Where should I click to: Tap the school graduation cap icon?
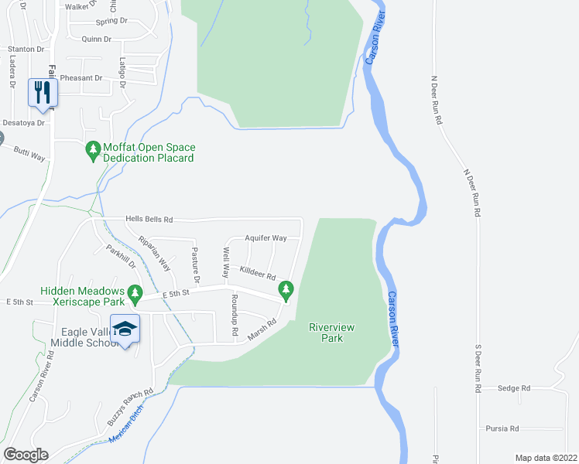(x=124, y=328)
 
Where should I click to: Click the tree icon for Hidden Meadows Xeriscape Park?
(x=136, y=292)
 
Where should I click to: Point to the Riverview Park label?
(x=331, y=333)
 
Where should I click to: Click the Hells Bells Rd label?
(x=149, y=220)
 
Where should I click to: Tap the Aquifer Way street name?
(x=266, y=238)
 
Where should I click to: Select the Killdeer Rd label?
(x=258, y=273)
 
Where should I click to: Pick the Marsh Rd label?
(x=262, y=331)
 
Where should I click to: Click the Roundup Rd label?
(x=234, y=315)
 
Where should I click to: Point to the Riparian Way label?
(x=154, y=252)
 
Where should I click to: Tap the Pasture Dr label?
(x=196, y=263)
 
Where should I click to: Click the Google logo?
(x=26, y=454)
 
